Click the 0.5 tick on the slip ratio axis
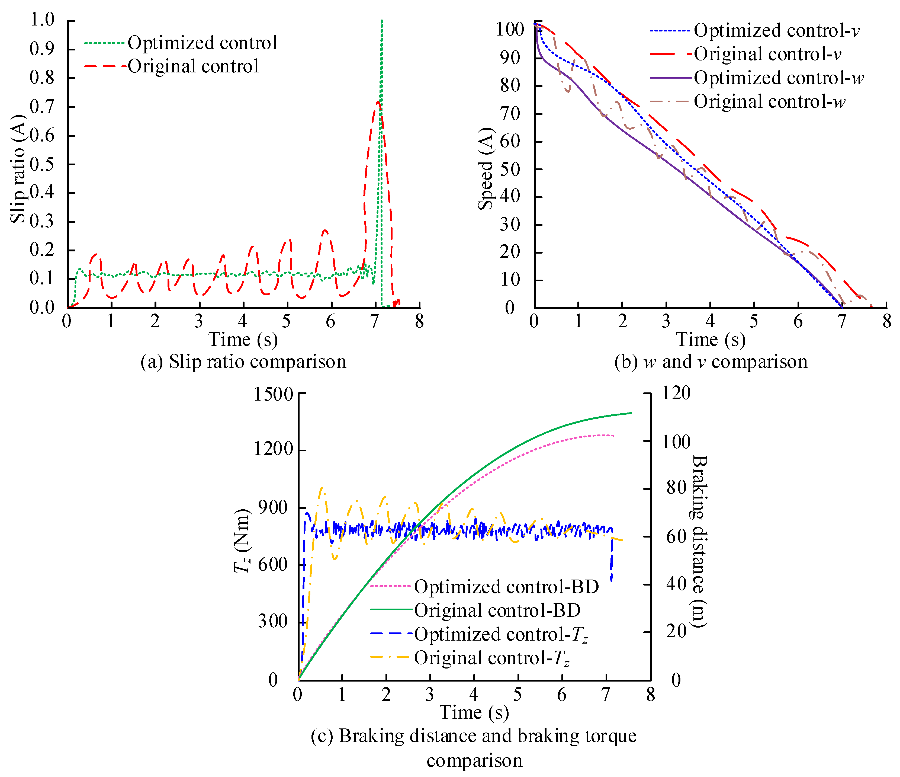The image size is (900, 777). pos(42,164)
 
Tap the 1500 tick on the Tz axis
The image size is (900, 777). pos(274,394)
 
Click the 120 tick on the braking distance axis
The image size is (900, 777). pos(676,393)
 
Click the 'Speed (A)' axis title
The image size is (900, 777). pos(486,169)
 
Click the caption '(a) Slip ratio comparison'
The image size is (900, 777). pos(243,362)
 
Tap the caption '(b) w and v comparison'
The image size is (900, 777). pos(711,362)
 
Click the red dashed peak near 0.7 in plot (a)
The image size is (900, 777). pos(378,102)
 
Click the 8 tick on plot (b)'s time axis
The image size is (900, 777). pos(886,322)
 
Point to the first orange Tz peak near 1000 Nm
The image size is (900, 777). pos(322,488)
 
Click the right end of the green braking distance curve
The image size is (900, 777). pos(631,413)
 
